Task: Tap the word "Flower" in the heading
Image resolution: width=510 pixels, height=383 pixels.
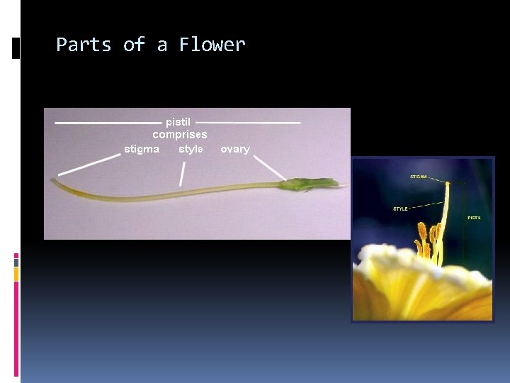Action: coord(212,45)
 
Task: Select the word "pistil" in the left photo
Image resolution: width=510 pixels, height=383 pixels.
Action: coord(178,122)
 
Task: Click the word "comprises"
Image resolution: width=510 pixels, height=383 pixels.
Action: coord(180,134)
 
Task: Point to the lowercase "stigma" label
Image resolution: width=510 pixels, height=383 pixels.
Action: coord(142,149)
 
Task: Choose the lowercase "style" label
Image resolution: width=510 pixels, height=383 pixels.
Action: coord(191,149)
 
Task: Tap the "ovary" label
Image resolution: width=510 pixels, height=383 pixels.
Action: coord(235,149)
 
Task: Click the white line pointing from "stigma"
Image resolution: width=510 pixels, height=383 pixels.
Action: coord(89,165)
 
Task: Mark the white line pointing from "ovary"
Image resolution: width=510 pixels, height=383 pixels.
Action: coord(269,168)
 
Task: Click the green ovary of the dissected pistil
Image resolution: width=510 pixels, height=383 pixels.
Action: coord(308,184)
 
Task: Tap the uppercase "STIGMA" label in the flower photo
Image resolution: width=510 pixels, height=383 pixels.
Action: coord(418,176)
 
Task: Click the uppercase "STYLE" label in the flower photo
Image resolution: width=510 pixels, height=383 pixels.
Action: coord(401,209)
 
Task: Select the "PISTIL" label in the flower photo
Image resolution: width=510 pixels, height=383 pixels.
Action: coord(474,217)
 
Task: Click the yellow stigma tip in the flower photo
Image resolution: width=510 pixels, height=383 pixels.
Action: coord(447,184)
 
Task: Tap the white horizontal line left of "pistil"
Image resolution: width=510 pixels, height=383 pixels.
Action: coord(108,123)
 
